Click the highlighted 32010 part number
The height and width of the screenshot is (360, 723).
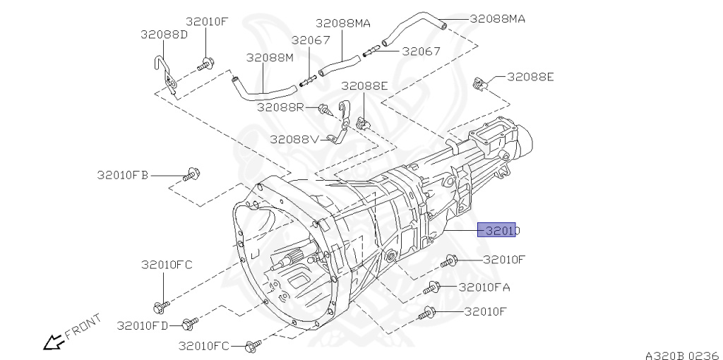(x=499, y=230)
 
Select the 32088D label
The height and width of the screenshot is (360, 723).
(x=163, y=34)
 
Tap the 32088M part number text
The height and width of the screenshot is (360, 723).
(x=269, y=57)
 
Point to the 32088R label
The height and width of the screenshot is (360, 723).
(x=280, y=107)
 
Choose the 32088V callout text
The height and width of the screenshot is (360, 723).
(x=293, y=139)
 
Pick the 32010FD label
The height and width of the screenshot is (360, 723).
(x=143, y=325)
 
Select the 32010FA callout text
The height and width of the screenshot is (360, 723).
(x=484, y=287)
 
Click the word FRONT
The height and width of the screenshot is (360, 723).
(x=83, y=328)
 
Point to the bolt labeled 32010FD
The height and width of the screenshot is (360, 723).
(x=189, y=325)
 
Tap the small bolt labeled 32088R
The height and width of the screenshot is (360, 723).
(x=325, y=109)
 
